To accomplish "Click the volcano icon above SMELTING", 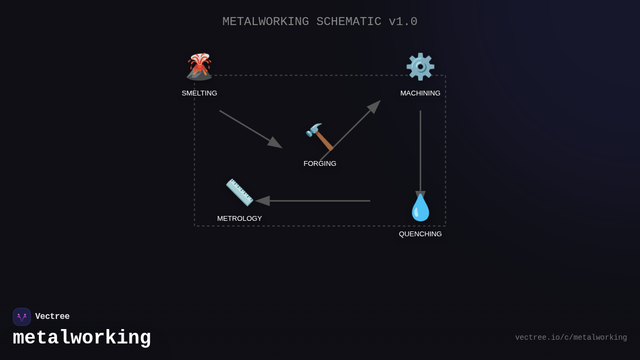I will (x=199, y=67).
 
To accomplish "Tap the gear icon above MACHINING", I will (x=420, y=67).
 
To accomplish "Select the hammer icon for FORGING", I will (x=319, y=137).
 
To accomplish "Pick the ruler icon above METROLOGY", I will (x=239, y=192).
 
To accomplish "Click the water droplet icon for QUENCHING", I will (x=420, y=207).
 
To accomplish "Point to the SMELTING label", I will (x=199, y=93).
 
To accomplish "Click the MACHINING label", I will (x=420, y=93).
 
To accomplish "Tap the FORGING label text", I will (x=320, y=164).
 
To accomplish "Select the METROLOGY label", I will (x=239, y=219).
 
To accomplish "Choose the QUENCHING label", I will (x=420, y=234).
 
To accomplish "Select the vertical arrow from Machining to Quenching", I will (x=420, y=152).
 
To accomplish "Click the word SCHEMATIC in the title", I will (x=349, y=22).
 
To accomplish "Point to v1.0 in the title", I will (x=403, y=22).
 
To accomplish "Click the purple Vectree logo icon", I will (x=22, y=317).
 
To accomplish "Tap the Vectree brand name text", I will (x=52, y=317).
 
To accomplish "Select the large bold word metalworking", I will (x=82, y=338).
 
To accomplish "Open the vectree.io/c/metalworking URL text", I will (x=571, y=338).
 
